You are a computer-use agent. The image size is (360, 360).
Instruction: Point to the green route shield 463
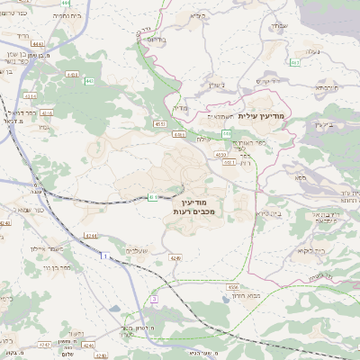point(294,63)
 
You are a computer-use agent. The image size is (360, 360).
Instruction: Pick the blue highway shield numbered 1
point(103,256)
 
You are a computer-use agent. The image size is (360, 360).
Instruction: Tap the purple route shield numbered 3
point(154,298)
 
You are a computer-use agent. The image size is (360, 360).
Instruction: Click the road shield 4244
point(91,235)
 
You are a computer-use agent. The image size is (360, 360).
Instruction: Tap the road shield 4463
point(36,42)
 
